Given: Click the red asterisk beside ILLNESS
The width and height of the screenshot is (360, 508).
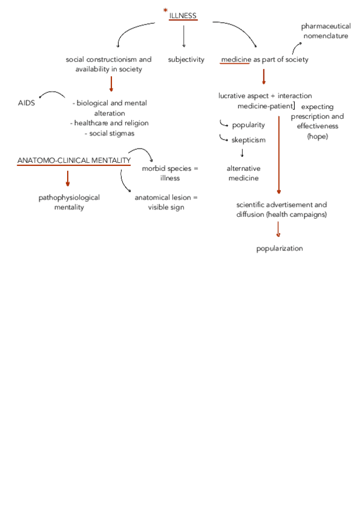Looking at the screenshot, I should [165, 11].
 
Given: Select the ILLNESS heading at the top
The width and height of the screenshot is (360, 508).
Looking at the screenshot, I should [183, 15].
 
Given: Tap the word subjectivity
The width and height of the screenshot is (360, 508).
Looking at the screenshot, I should [186, 59].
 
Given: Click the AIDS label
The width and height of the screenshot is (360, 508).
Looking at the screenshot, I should [26, 103].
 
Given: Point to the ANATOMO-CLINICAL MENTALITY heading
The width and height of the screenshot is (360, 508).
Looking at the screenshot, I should [74, 161].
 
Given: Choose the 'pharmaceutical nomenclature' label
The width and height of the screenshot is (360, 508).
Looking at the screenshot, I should [325, 31].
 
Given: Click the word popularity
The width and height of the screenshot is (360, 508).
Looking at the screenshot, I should [248, 125].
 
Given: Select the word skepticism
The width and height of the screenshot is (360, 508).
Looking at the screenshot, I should [248, 140].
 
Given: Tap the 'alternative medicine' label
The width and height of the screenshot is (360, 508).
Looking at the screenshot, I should [243, 173].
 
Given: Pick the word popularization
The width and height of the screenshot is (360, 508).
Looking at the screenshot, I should [279, 248].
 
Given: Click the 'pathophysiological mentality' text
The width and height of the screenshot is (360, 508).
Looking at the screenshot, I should [69, 202].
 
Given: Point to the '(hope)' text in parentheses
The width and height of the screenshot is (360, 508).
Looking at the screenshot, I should [318, 137].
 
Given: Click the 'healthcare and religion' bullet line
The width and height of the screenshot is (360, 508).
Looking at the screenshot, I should [109, 123].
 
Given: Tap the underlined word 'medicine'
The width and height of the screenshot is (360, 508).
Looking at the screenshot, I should [235, 59].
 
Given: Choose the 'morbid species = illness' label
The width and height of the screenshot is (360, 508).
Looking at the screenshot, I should [170, 173].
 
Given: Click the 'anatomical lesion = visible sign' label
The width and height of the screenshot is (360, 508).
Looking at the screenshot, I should [166, 202].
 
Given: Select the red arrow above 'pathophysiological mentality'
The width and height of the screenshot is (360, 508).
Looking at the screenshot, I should [68, 179].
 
